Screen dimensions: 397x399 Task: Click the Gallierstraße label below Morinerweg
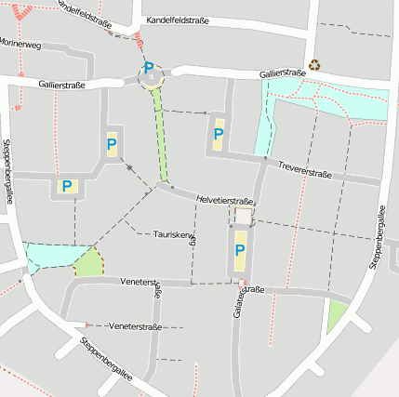click(62, 85)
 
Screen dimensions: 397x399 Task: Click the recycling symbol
click(315, 65)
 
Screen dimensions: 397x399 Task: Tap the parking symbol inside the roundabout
click(149, 69)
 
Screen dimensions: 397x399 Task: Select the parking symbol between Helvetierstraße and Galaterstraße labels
click(240, 249)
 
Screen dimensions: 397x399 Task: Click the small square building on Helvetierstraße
click(243, 216)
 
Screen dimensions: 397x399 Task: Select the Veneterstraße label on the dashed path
click(135, 327)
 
